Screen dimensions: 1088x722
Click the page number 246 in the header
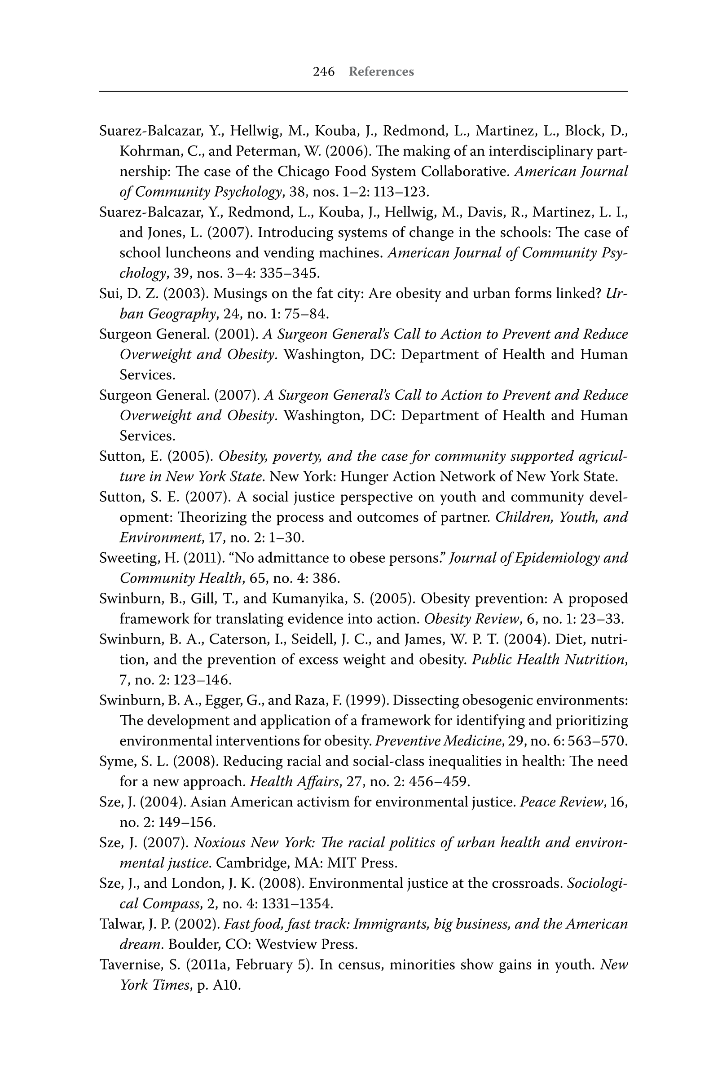coord(324,72)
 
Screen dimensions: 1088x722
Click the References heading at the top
coord(381,72)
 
